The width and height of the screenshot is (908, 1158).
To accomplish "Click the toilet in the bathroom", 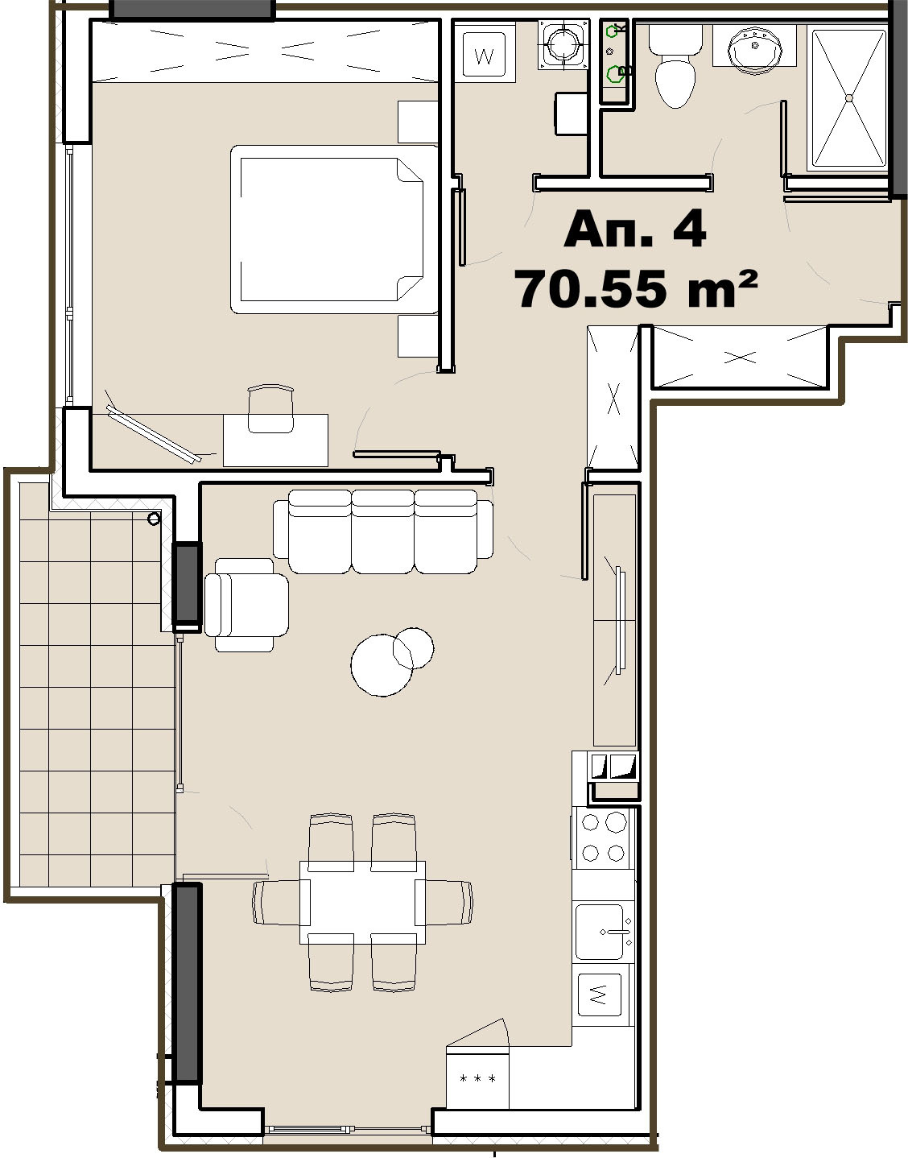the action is pos(675,67).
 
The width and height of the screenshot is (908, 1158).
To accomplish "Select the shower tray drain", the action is pos(849,98).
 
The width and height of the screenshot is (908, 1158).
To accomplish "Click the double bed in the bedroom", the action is pos(334,230).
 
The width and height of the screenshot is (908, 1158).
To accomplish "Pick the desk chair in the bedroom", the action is pos(270,409).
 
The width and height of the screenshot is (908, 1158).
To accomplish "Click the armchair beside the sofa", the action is pos(246,605).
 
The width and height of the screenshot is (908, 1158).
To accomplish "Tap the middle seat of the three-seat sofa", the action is pos(382,531).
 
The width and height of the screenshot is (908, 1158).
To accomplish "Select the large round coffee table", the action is pos(382,665).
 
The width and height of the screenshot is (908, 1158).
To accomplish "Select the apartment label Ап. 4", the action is pos(635,230).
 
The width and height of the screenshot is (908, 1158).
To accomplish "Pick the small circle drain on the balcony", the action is pos(154,518).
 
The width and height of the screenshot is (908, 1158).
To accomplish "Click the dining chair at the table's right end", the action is pos(448,903).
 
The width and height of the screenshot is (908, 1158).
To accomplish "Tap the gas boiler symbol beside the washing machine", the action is pos(563,45).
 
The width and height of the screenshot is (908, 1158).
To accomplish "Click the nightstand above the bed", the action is pos(418,122).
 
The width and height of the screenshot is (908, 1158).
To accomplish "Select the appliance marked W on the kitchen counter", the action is pos(600,994).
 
